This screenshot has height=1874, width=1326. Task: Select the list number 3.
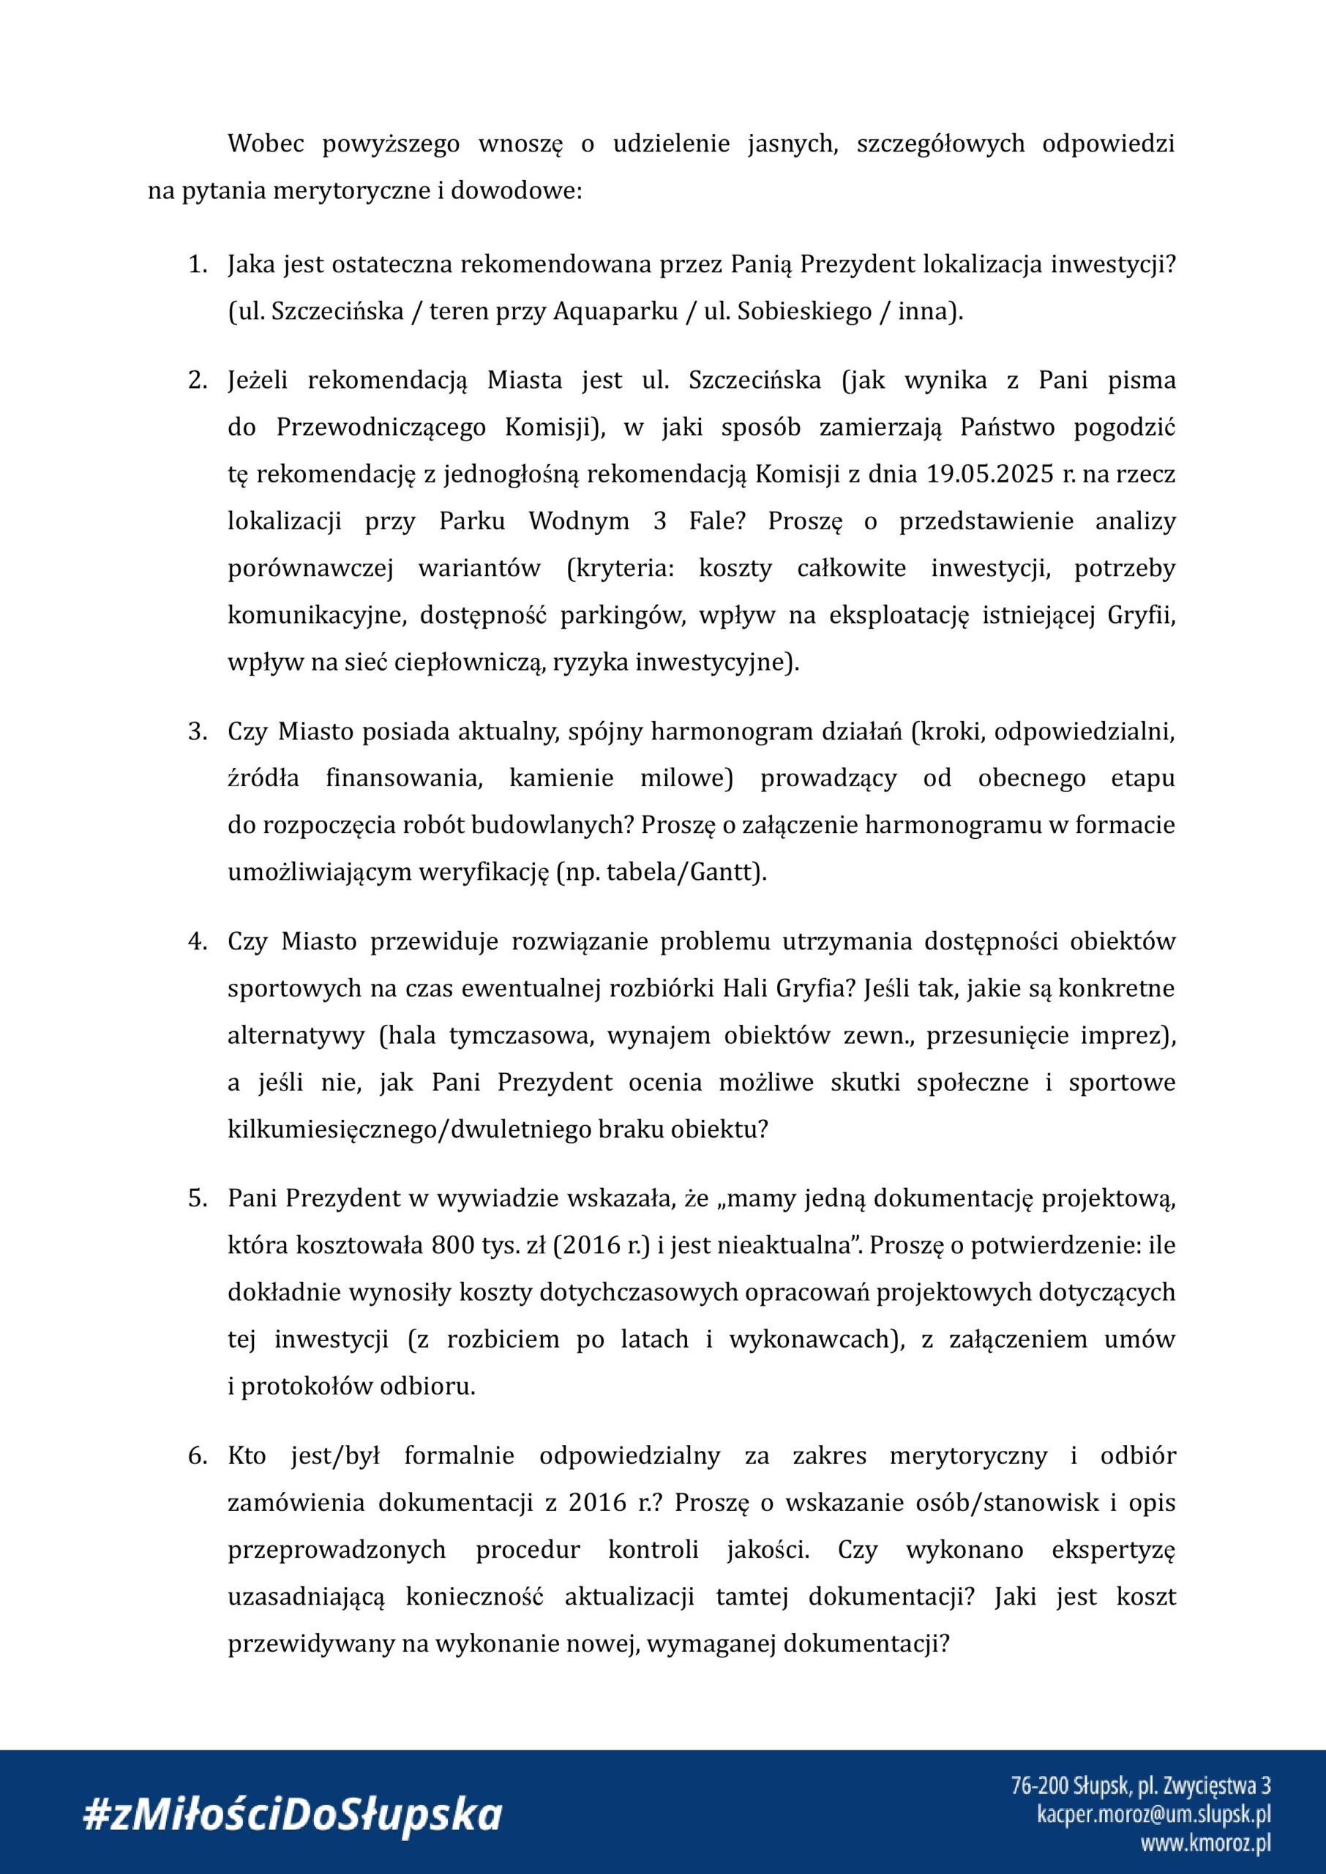click(196, 731)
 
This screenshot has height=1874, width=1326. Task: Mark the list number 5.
click(196, 1199)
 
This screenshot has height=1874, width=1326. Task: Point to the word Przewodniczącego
click(381, 428)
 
